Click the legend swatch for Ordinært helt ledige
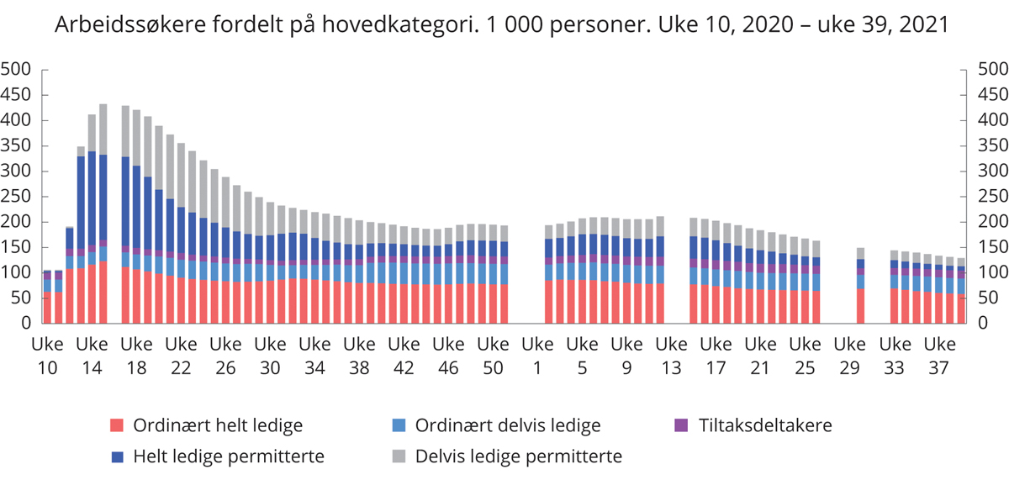118,425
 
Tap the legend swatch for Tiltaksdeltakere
682,425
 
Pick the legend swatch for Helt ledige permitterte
118,456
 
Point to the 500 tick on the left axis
17,70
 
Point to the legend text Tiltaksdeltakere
765,425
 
